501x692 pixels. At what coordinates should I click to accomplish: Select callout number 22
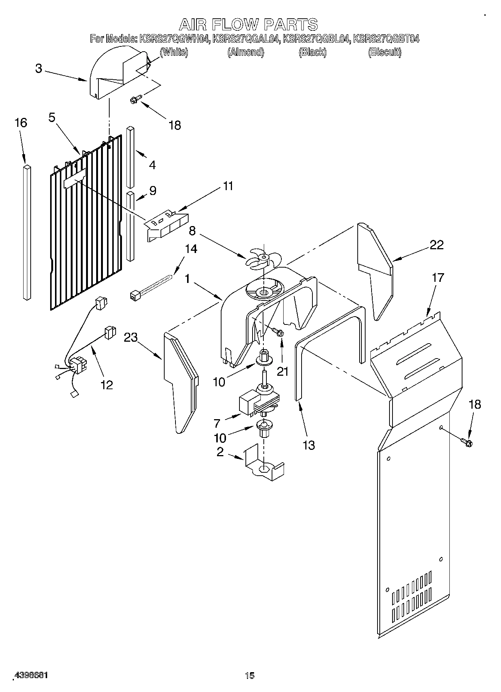coord(437,245)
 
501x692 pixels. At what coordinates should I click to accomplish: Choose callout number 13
coord(309,445)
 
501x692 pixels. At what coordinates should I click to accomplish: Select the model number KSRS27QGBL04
coord(317,39)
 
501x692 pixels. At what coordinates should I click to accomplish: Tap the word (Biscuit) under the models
coord(385,52)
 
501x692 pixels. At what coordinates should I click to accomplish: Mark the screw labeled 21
coord(278,332)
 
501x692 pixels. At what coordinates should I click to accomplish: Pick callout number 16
coord(21,122)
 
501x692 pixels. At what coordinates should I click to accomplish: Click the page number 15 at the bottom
coord(250,675)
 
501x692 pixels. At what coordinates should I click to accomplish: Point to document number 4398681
coord(31,675)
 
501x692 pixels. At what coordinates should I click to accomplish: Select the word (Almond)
coord(246,52)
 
